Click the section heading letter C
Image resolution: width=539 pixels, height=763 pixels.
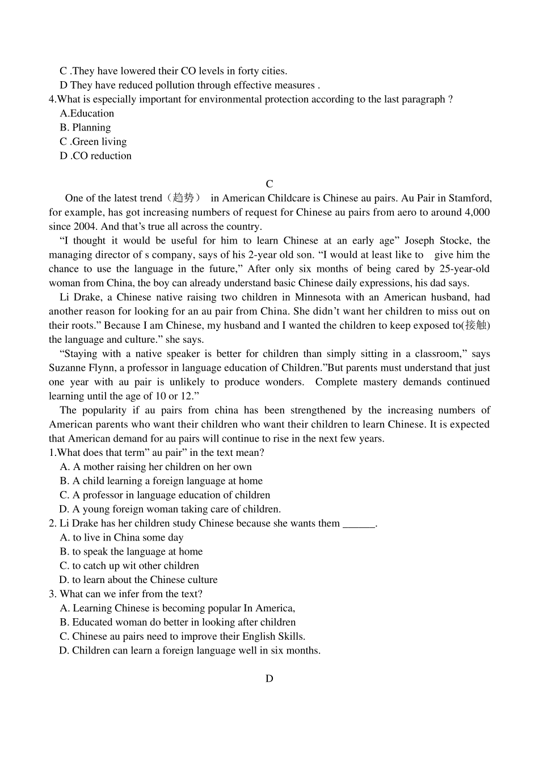pos(269,184)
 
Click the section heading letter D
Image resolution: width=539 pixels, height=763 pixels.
pos(269,678)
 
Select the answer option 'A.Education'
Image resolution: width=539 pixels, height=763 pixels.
pos(87,114)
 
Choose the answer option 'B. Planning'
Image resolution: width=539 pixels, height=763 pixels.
pos(85,128)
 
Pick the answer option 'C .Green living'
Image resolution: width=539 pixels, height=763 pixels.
pos(93,142)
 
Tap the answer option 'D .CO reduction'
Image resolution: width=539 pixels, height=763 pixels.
pos(95,156)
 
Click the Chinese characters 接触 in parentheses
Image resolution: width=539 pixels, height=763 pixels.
pos(476,325)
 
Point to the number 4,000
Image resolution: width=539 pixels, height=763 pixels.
pos(477,212)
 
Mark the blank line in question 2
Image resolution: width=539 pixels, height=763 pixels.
pos(359,524)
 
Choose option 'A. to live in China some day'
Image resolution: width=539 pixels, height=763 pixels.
pos(121,538)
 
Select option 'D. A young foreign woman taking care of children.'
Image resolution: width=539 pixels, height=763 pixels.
pos(170,509)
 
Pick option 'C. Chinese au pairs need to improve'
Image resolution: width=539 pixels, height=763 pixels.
pos(182,636)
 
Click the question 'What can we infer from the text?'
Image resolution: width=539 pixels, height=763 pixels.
pos(130,594)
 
